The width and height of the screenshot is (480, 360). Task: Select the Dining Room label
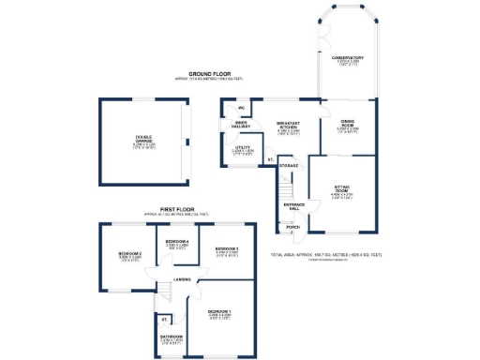(x=347, y=123)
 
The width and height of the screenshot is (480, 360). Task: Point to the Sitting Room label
(x=341, y=189)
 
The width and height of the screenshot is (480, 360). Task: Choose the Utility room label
(x=242, y=147)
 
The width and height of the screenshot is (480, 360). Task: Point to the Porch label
(x=292, y=227)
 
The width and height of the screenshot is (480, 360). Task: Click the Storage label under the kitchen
(x=288, y=166)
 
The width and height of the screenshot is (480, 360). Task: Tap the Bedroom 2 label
(x=129, y=255)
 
